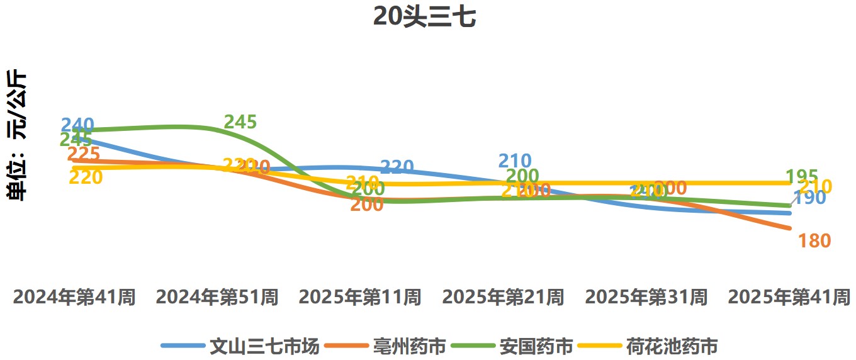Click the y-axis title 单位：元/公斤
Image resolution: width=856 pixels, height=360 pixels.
[x=17, y=135]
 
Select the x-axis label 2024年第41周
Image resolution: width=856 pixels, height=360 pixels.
[x=74, y=297]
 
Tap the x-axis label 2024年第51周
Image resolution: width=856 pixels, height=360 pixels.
[x=217, y=297]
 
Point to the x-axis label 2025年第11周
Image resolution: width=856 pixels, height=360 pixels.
[x=360, y=297]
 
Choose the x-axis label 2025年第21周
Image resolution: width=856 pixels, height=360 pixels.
[x=503, y=297]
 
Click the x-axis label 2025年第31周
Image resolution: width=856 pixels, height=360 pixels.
[x=646, y=297]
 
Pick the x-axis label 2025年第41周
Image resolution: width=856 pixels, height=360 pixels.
[x=789, y=297]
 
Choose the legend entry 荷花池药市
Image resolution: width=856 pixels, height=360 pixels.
[x=672, y=346]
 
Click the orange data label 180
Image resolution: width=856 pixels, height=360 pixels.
[x=814, y=240]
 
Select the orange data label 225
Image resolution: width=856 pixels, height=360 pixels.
[x=83, y=154]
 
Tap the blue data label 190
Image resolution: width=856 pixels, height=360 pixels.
[x=810, y=198]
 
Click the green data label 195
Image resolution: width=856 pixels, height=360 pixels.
[x=802, y=176]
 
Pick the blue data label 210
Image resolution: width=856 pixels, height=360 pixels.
[x=515, y=161]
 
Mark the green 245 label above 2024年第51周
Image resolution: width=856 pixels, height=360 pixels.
[x=240, y=122]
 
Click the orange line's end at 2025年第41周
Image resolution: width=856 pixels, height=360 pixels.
[x=789, y=228]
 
